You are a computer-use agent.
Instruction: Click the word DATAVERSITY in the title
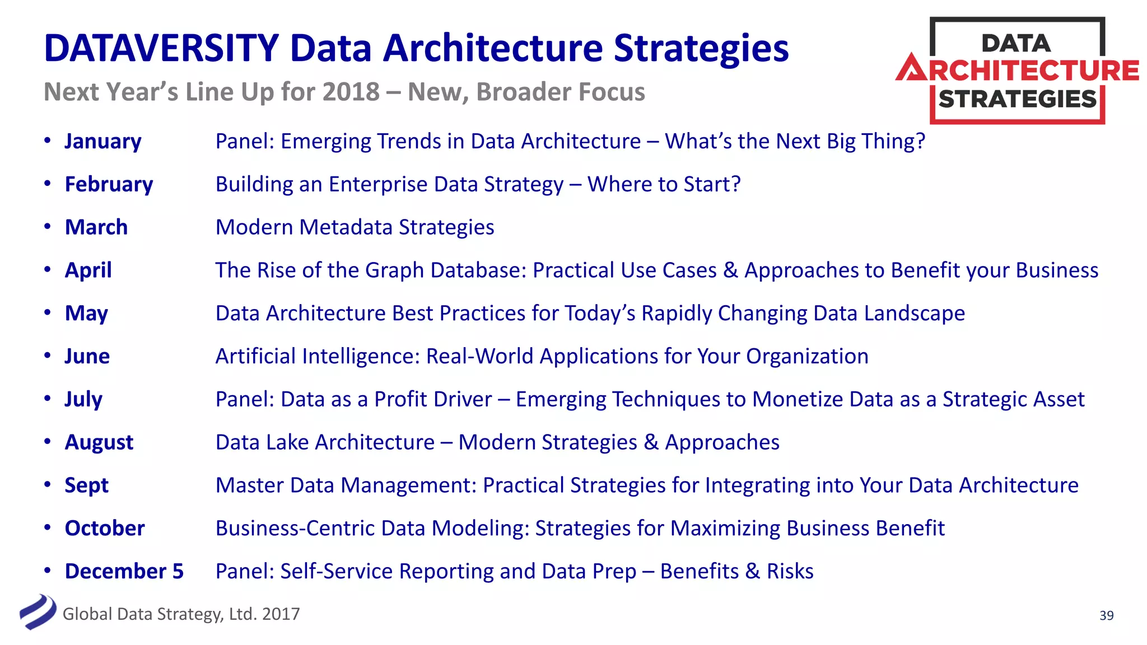pos(161,48)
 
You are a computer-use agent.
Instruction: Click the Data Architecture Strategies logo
pos(1017,71)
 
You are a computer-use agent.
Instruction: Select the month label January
pos(103,141)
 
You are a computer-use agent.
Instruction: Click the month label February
pos(109,184)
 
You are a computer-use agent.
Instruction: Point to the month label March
pos(96,227)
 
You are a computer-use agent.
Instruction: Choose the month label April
pos(88,270)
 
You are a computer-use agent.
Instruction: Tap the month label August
pos(99,442)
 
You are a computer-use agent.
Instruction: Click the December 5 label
pos(124,571)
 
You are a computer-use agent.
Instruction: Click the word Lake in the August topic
pos(287,442)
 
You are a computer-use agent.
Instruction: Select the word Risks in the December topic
pos(790,571)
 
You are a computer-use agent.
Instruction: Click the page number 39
pos(1106,615)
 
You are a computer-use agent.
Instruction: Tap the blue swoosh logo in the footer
pos(38,612)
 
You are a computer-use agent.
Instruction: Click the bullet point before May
pos(48,312)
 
